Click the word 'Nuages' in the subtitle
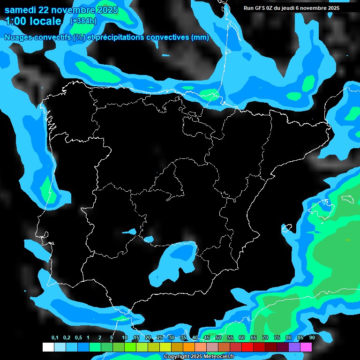coord(19,37)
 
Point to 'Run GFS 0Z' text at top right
coord(261,8)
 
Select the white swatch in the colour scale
coord(48,347)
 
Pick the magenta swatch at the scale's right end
coord(306,347)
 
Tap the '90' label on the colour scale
coord(312,338)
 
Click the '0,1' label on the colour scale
coord(54,338)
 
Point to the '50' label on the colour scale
coord(218,338)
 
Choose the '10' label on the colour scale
coord(125,338)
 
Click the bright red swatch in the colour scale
coord(247,347)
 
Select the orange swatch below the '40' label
coord(189,347)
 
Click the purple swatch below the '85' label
coord(294,347)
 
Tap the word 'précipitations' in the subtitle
coord(118,37)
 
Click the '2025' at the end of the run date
coord(333,8)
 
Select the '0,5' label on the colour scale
coord(78,338)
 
